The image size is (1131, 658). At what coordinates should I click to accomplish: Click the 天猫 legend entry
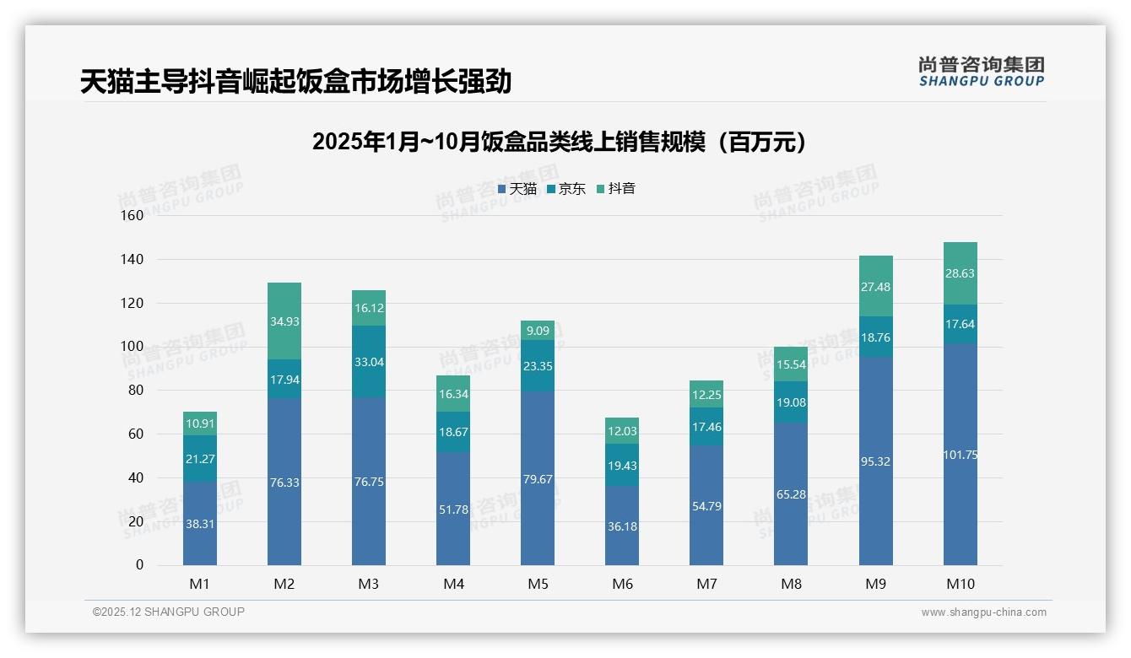point(517,189)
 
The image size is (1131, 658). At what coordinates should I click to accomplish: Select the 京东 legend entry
point(566,189)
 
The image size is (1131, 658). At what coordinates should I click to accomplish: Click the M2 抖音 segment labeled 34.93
point(284,321)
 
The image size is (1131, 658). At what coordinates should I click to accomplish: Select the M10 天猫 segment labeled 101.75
point(961,455)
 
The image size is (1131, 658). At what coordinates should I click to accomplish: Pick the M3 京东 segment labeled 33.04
point(369,362)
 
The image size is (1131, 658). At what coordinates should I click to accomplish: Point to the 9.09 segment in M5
point(538,331)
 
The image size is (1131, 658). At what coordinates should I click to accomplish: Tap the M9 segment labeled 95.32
point(876,461)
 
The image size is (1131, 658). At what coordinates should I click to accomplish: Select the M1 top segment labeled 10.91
point(200,423)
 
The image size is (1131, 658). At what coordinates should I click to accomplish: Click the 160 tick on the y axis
point(133,215)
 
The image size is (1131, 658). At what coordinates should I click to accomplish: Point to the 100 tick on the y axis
point(133,347)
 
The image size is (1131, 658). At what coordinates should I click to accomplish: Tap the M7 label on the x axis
point(706,584)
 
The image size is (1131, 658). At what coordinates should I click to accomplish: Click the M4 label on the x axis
point(453,584)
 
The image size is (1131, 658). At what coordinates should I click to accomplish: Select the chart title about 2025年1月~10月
point(559,142)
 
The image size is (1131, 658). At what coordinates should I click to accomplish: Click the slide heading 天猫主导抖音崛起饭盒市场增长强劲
point(295,82)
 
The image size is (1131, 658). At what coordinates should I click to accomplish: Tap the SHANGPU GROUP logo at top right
point(981,71)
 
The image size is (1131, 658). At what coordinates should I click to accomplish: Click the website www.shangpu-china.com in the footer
point(983,612)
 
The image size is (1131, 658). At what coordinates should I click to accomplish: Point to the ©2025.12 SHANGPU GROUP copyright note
point(168,612)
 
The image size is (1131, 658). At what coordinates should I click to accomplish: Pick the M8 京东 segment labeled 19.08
point(791,402)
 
